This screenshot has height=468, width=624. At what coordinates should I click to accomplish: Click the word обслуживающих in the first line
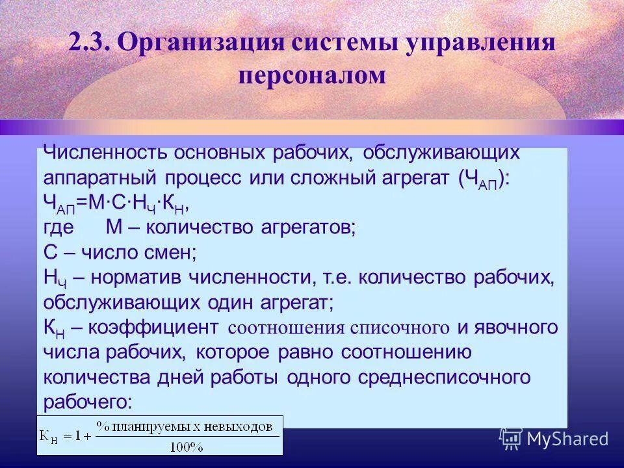(x=442, y=152)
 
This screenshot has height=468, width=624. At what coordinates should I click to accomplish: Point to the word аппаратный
(x=100, y=177)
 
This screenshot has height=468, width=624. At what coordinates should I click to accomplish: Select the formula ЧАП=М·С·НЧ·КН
(x=116, y=203)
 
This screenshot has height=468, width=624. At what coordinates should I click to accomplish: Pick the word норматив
(x=136, y=278)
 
